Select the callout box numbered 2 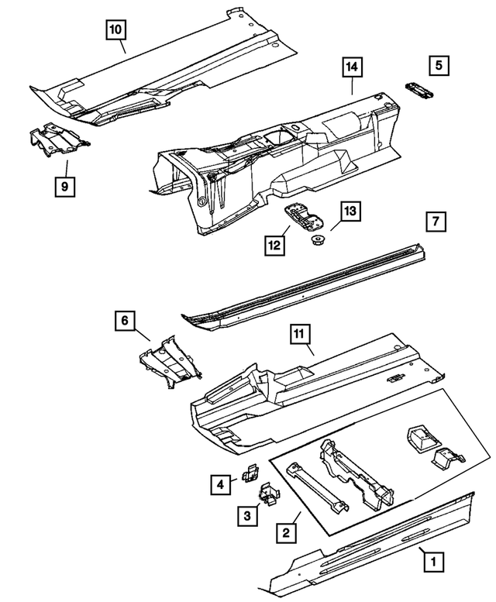pyautogui.click(x=285, y=532)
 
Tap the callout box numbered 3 pyautogui.click(x=246, y=515)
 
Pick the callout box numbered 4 pyautogui.click(x=221, y=485)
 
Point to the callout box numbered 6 pyautogui.click(x=125, y=319)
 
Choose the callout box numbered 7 pyautogui.click(x=436, y=222)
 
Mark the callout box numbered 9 pyautogui.click(x=65, y=186)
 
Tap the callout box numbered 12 pyautogui.click(x=274, y=246)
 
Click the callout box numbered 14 pyautogui.click(x=353, y=67)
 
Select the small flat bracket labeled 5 pyautogui.click(x=419, y=91)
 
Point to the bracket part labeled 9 pyautogui.click(x=60, y=139)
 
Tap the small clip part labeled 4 pyautogui.click(x=250, y=470)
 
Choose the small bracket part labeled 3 pyautogui.click(x=270, y=494)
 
